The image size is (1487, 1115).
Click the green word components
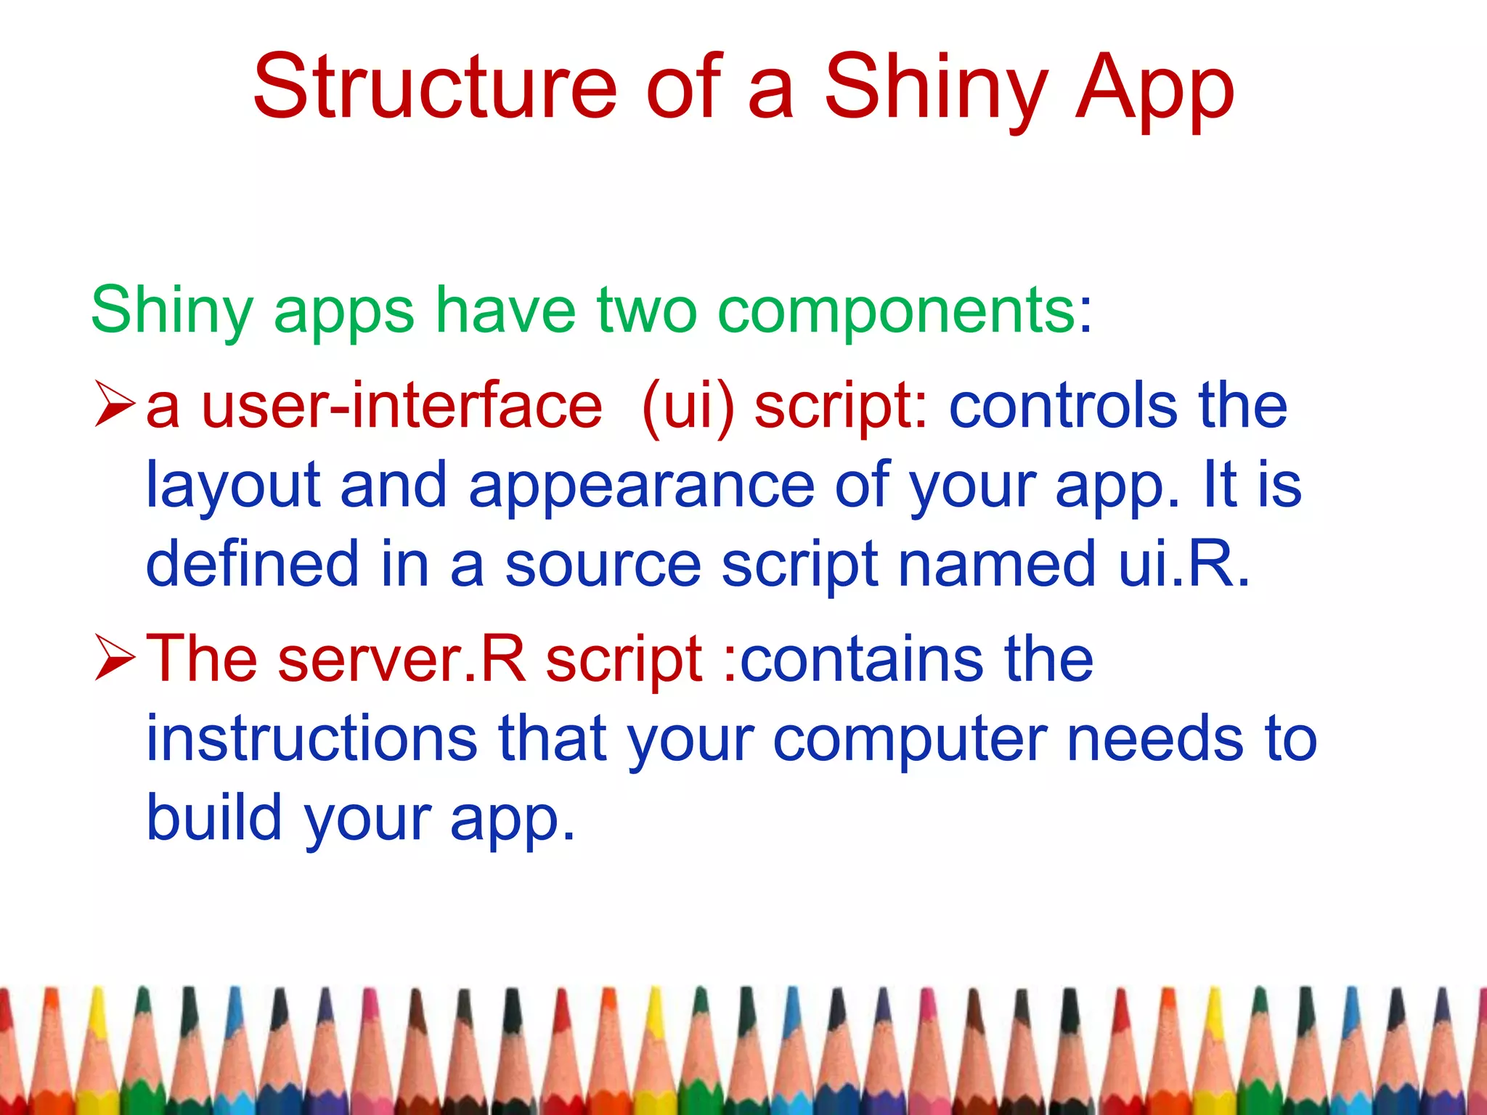click(897, 311)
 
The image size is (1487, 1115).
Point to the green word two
click(646, 311)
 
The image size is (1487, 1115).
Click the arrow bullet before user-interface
click(115, 407)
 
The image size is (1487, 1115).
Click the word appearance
click(642, 486)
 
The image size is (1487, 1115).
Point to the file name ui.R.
click(1184, 565)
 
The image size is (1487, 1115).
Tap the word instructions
click(312, 739)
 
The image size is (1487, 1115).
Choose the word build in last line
click(214, 817)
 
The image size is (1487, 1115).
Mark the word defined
click(252, 565)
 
